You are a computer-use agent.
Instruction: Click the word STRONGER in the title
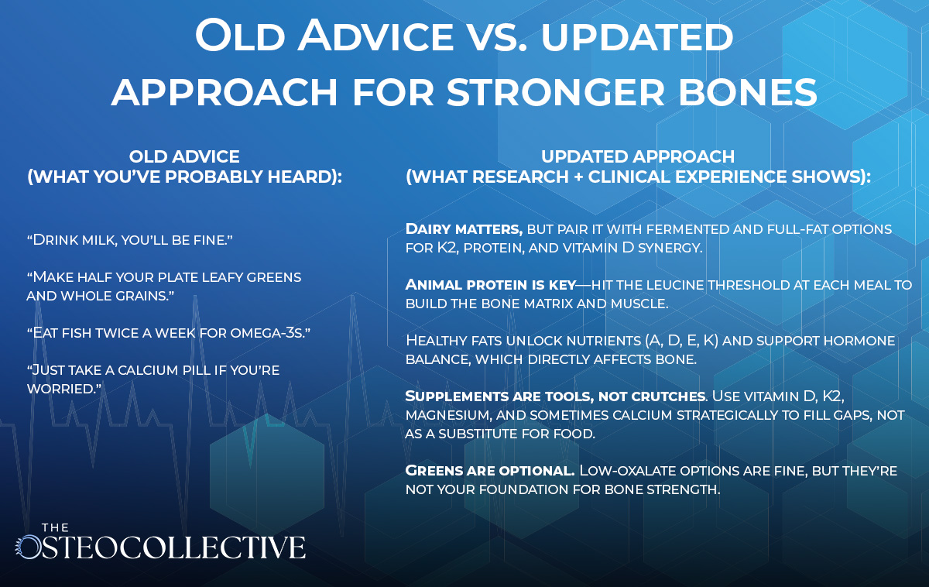[555, 92]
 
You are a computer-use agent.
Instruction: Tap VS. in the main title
[492, 36]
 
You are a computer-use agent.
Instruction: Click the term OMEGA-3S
[266, 333]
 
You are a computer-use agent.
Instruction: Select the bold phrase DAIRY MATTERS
[464, 229]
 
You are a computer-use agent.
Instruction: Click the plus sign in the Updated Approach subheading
[578, 177]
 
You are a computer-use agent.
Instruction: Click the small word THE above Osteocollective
[55, 527]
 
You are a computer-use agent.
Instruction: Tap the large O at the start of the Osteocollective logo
[29, 548]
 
